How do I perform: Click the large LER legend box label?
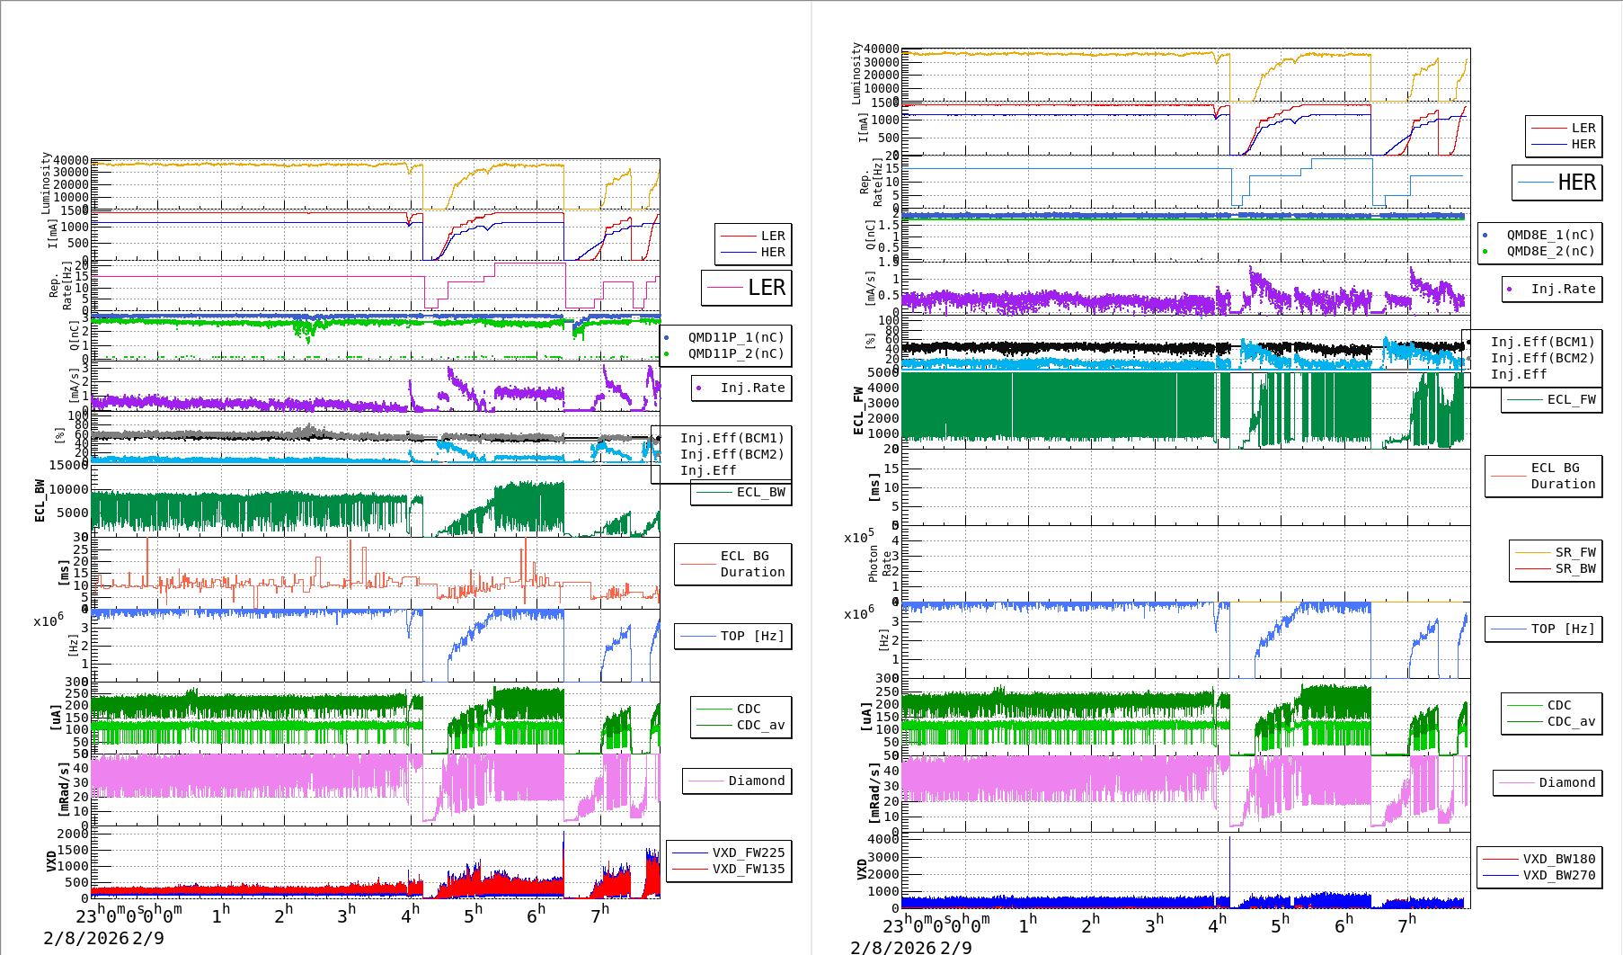(x=766, y=288)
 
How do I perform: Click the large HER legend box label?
(x=1576, y=183)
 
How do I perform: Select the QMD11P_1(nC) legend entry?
(x=735, y=337)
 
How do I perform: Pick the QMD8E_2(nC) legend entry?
(x=1550, y=251)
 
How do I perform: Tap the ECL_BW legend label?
(x=760, y=492)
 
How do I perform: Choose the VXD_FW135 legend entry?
(x=748, y=869)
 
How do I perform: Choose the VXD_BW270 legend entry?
(x=1558, y=875)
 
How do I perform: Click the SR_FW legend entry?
(x=1574, y=552)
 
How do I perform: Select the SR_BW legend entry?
(x=1574, y=568)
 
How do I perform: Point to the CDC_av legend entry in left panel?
(x=760, y=725)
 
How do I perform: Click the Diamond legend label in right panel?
(x=1566, y=782)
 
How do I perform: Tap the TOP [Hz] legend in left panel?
(x=751, y=636)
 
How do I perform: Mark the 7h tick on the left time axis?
(x=599, y=915)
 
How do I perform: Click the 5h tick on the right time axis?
(x=1280, y=924)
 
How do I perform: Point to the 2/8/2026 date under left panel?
(x=85, y=938)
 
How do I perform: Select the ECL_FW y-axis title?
(x=857, y=410)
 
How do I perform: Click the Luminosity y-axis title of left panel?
(x=45, y=183)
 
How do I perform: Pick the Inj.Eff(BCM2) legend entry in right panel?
(x=1542, y=358)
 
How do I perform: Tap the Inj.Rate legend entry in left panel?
(x=752, y=388)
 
